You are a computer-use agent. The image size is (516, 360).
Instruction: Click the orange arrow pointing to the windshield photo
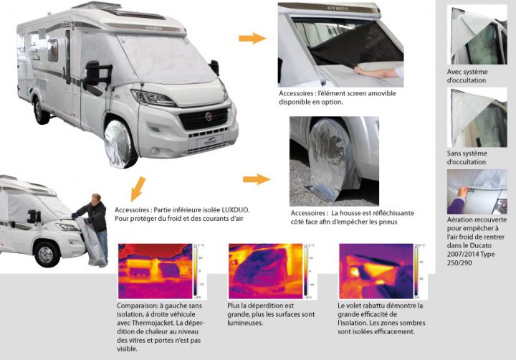pyautogui.click(x=252, y=38)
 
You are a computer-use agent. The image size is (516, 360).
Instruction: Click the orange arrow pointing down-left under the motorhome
pyautogui.click(x=133, y=191)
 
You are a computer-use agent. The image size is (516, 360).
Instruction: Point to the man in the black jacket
pyautogui.click(x=94, y=219)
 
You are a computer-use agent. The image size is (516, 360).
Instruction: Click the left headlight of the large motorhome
pyautogui.click(x=153, y=98)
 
